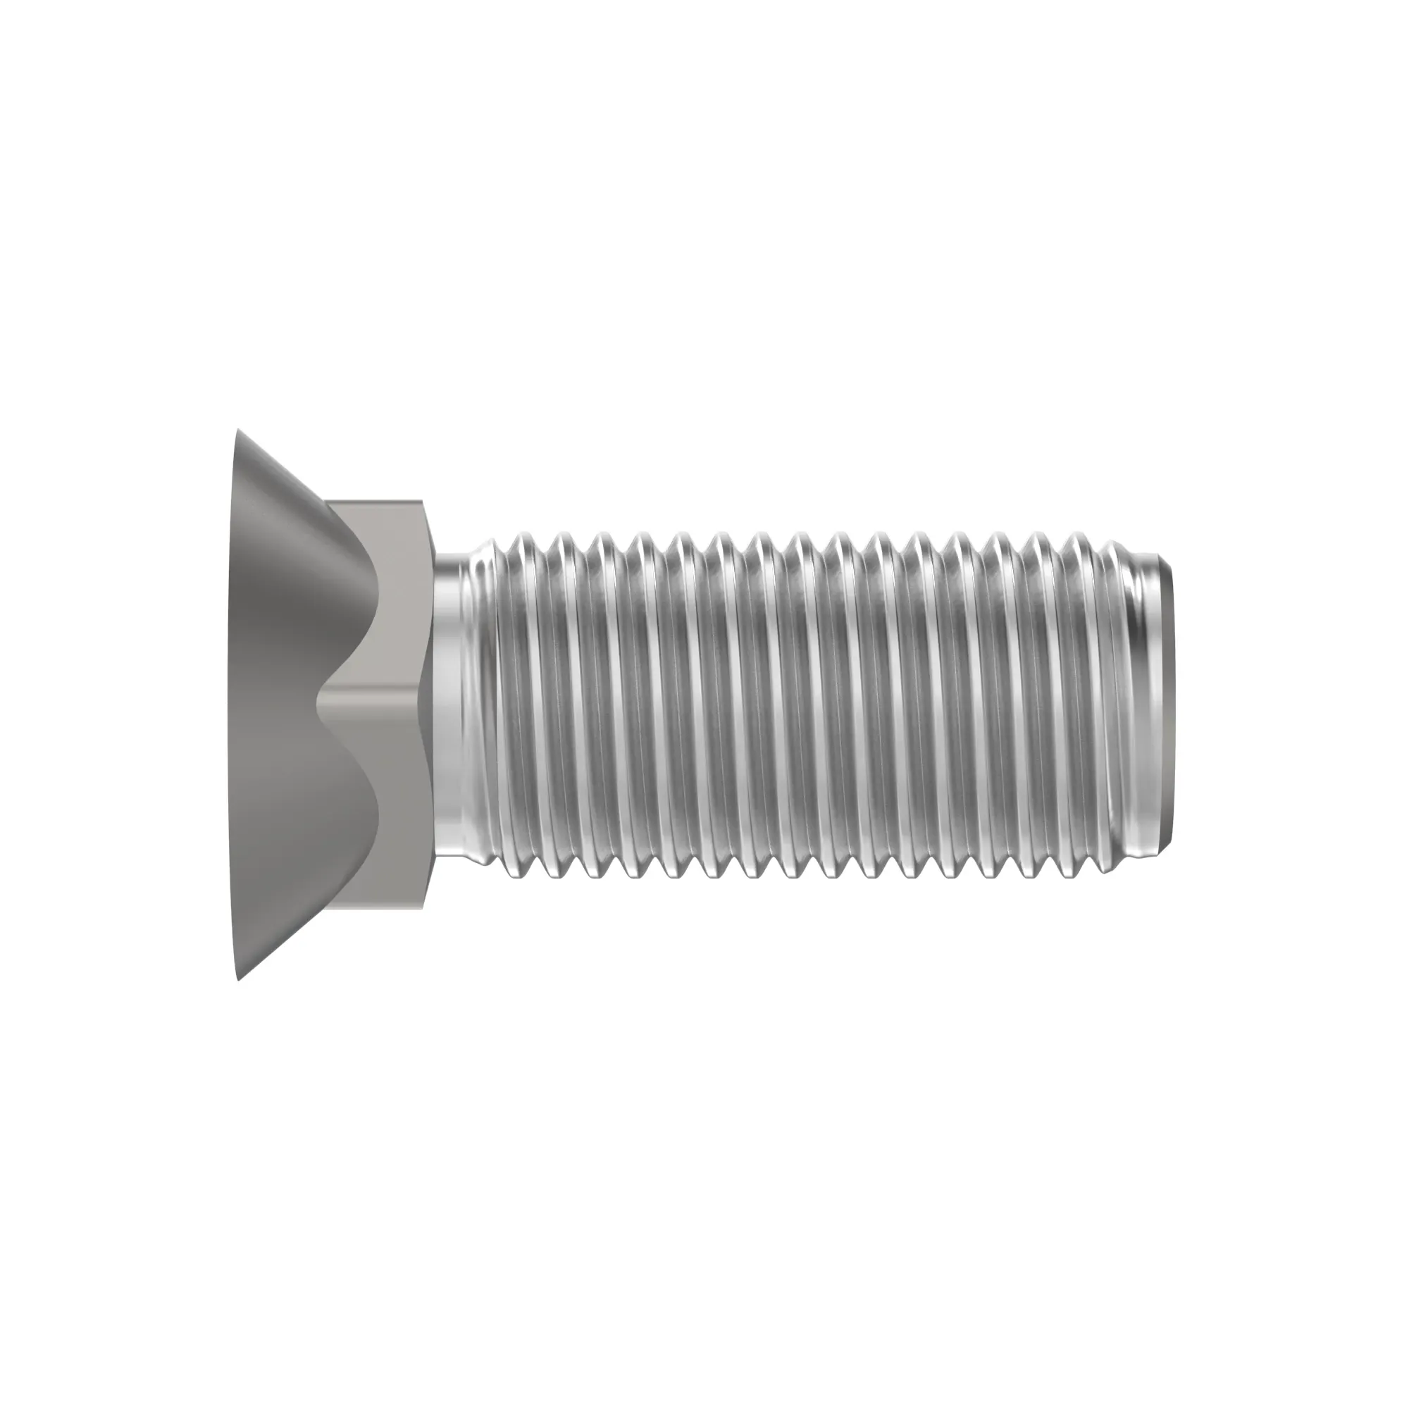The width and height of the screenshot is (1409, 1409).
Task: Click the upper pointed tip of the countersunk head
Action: tap(237, 432)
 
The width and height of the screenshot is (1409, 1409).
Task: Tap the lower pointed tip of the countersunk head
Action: tap(240, 978)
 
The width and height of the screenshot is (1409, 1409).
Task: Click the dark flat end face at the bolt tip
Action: tap(1167, 704)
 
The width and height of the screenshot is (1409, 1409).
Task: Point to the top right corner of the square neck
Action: tap(421, 502)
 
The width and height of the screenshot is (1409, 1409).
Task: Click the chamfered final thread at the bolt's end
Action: tap(1138, 704)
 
